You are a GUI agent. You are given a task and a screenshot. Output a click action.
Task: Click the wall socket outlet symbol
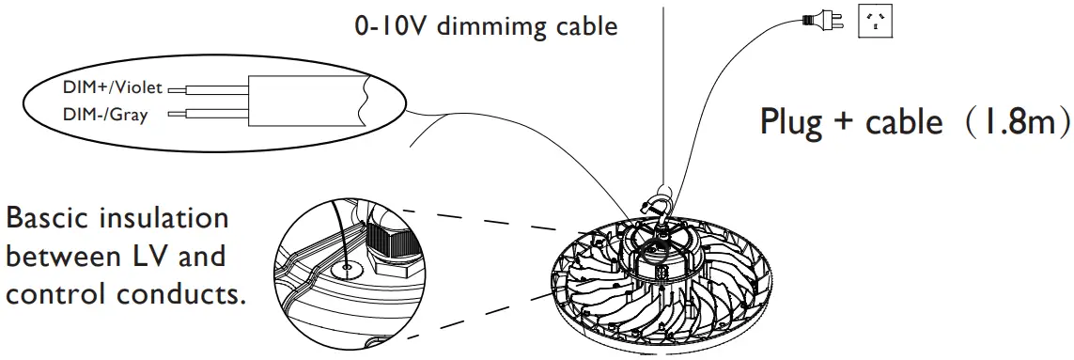click(876, 21)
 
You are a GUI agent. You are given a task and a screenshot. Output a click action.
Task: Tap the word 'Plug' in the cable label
click(791, 122)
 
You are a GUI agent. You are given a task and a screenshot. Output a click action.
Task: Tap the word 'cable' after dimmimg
click(585, 26)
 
